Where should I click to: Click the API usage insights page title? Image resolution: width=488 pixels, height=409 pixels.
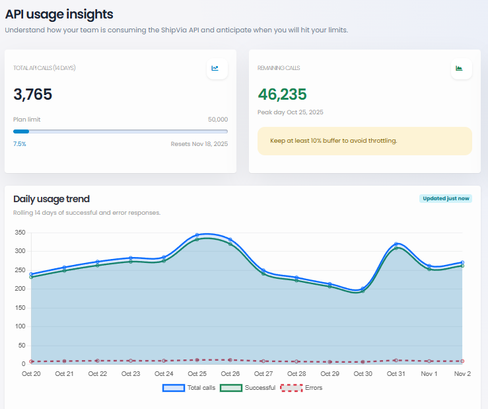(59, 14)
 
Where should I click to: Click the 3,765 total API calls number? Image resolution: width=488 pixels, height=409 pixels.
(32, 94)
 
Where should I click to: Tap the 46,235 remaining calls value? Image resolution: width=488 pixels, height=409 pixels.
(282, 94)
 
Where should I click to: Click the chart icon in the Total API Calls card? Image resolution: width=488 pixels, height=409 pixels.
(217, 68)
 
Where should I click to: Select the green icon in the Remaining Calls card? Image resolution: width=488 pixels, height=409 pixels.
(461, 68)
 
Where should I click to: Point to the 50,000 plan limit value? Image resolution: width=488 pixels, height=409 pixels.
(217, 120)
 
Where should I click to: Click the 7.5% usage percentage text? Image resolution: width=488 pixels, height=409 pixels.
(20, 143)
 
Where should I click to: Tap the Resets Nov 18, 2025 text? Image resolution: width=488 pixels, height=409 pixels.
(199, 143)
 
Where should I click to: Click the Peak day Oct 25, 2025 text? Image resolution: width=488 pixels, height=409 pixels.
(290, 112)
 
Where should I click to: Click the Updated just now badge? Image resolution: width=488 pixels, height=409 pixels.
(446, 198)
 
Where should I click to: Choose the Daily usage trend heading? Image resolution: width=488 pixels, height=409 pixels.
(52, 199)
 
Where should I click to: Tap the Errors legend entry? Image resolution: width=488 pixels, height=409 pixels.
(302, 388)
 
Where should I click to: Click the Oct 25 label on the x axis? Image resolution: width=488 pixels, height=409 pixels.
(197, 374)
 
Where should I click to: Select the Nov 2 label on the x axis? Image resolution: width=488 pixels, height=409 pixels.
(462, 374)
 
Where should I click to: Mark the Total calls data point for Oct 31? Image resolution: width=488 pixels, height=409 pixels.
(396, 244)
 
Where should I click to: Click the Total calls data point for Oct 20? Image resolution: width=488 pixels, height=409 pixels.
(31, 274)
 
